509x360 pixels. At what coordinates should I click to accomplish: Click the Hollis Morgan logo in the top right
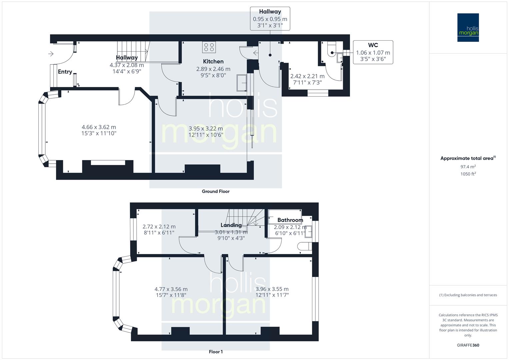[x=468, y=27]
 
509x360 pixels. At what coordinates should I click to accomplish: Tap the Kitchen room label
[x=213, y=61]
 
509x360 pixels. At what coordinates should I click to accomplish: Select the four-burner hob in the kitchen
[x=209, y=47]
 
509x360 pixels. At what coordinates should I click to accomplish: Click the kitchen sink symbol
[x=242, y=83]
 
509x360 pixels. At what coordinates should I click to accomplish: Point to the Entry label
[x=65, y=72]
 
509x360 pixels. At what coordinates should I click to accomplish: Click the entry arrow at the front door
[x=51, y=54]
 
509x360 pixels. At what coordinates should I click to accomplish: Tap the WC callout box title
[x=373, y=45]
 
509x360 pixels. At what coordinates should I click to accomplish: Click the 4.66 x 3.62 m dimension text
[x=99, y=127]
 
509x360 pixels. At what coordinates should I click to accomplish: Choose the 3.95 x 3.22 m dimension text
[x=206, y=128]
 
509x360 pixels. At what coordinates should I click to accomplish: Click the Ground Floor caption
[x=216, y=191]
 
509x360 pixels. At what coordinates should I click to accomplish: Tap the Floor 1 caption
[x=216, y=352]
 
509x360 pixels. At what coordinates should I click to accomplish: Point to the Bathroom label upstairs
[x=290, y=220]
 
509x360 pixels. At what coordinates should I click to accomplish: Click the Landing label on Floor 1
[x=231, y=225]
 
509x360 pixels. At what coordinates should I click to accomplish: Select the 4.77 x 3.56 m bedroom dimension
[x=171, y=289]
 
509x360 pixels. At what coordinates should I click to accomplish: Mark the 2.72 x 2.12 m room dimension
[x=159, y=227]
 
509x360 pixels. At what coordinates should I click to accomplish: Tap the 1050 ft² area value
[x=468, y=174]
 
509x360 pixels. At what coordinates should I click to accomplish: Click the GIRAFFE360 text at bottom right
[x=468, y=345]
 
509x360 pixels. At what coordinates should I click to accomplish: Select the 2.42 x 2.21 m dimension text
[x=307, y=76]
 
